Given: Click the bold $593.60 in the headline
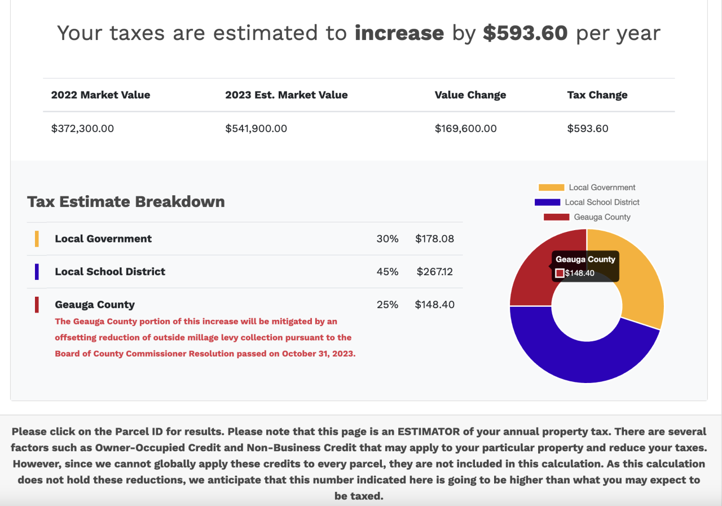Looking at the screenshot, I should tap(525, 33).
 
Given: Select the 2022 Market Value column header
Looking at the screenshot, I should tap(100, 95).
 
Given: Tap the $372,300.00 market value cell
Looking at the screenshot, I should tap(82, 129).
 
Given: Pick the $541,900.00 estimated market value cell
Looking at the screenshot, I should tap(256, 129).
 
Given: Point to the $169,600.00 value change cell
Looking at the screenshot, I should tap(465, 129).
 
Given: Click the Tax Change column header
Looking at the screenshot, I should tap(597, 95).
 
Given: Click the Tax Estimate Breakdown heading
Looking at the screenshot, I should tap(126, 202).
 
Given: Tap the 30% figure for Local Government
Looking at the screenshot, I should tap(387, 239).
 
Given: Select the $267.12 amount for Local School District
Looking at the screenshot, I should tap(434, 272).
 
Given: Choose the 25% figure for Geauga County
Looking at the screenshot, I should tap(387, 305).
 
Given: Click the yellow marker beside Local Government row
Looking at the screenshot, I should tap(37, 239).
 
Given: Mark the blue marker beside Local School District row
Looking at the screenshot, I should tap(37, 272).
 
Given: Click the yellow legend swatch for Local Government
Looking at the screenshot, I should tap(551, 188).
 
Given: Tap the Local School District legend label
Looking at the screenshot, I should tap(602, 202).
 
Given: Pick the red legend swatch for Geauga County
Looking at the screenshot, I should tap(556, 217).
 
